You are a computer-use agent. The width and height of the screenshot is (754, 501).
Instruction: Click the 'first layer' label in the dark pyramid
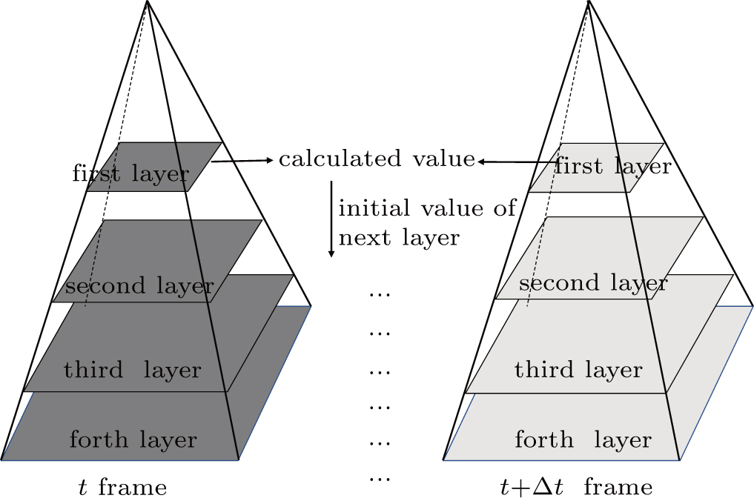[130, 173]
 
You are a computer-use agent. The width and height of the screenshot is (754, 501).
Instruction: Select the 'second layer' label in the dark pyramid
[139, 285]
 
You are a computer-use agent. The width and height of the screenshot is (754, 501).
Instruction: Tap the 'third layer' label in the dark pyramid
[133, 369]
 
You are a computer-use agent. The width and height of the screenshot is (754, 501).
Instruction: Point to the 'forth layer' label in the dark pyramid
[133, 439]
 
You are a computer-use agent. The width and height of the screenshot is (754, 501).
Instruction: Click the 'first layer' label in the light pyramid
[612, 165]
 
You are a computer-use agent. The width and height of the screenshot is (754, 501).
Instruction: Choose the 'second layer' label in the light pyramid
[592, 282]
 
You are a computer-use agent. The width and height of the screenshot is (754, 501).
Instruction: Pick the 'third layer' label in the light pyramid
[578, 369]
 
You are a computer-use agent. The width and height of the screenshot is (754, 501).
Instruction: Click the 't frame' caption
[123, 487]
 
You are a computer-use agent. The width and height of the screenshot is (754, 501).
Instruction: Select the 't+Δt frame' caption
[576, 487]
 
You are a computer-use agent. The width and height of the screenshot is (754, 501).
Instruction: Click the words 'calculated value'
[376, 159]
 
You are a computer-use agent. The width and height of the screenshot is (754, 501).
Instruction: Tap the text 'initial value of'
[426, 208]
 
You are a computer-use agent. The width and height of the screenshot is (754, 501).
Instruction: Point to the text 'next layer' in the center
[399, 238]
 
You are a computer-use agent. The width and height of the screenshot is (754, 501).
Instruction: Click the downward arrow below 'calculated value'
[331, 218]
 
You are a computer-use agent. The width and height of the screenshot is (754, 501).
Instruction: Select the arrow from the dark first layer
[242, 160]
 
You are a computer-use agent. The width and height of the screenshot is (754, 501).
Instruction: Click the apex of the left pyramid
[148, 2]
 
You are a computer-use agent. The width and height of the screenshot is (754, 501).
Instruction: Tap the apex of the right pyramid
[589, 2]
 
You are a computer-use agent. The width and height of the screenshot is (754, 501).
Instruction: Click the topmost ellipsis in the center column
[379, 294]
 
